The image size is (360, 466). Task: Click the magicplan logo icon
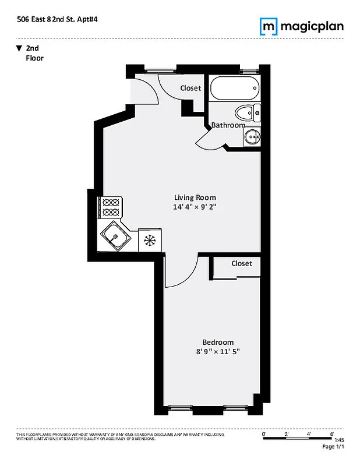coord(268,26)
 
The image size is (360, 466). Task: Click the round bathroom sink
coord(252,137)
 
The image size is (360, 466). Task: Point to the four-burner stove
coord(111,207)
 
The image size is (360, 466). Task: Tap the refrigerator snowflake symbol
coord(149,239)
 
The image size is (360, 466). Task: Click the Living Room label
coord(195,197)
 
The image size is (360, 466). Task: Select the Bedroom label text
coord(218,342)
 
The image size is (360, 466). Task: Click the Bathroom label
coord(228,125)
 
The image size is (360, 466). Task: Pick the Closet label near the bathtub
coord(190,88)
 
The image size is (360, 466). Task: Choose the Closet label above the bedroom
coord(242,263)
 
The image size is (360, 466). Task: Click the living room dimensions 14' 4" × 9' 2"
coord(195,207)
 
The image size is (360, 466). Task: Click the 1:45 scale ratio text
coord(340,440)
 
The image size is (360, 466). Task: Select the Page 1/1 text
coord(333,447)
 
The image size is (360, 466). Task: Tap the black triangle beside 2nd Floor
coord(19,48)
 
